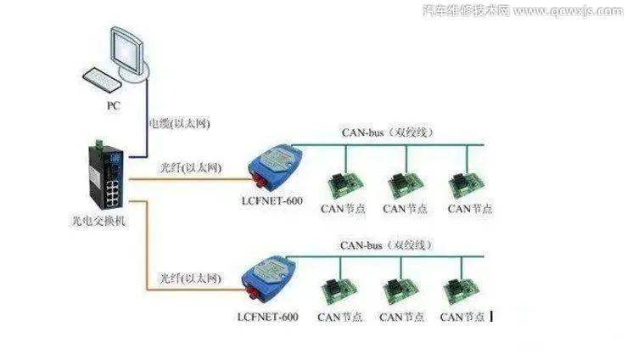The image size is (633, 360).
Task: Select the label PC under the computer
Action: (x=114, y=106)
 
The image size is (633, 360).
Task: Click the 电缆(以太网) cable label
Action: (x=179, y=124)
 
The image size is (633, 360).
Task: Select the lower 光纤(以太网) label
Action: (x=190, y=278)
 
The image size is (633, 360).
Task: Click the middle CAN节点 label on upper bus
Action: (x=406, y=209)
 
